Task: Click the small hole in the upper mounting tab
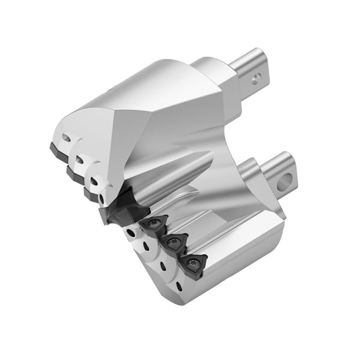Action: click(x=256, y=77)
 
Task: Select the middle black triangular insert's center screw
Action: click(x=174, y=243)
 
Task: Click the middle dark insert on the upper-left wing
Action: click(x=75, y=175)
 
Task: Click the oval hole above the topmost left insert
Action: click(x=65, y=138)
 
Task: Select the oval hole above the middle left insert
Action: click(x=79, y=160)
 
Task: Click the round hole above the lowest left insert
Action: click(x=94, y=181)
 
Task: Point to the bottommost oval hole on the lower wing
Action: click(x=179, y=287)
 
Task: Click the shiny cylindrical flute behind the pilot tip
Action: click(x=174, y=174)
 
